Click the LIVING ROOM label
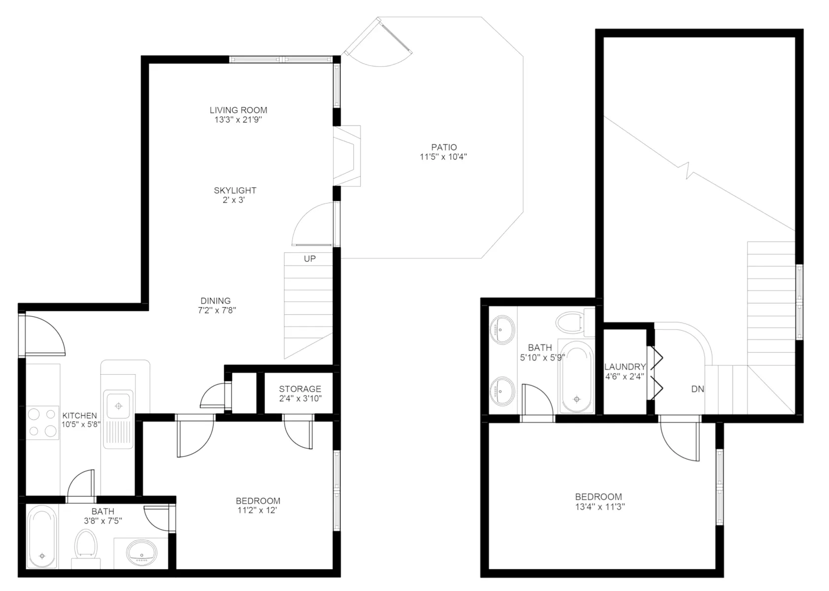click(x=238, y=110)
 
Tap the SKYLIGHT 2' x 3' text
click(x=235, y=195)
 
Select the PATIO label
click(x=444, y=147)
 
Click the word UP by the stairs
click(x=309, y=259)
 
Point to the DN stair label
click(x=697, y=389)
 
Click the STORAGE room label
click(x=299, y=389)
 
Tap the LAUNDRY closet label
click(x=625, y=367)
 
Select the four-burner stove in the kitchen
click(x=43, y=422)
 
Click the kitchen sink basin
click(x=118, y=406)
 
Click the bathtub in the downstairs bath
click(x=42, y=537)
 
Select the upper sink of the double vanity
click(x=502, y=329)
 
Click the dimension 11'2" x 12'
click(x=257, y=511)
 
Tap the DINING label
click(x=215, y=301)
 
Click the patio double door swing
click(x=384, y=47)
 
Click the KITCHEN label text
click(x=79, y=416)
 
